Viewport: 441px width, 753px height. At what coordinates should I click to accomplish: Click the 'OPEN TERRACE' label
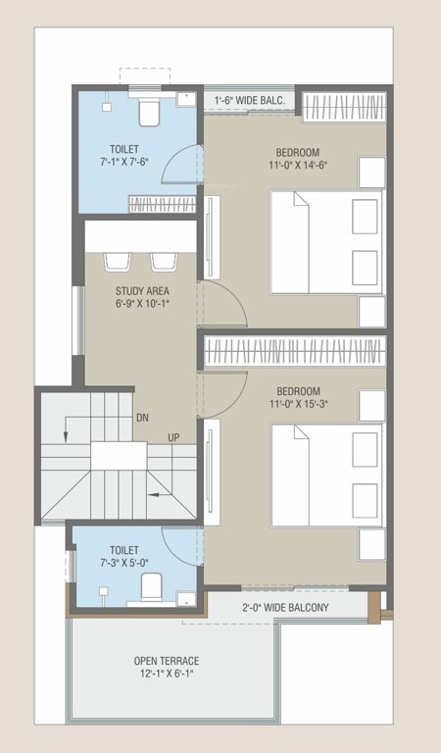(x=166, y=660)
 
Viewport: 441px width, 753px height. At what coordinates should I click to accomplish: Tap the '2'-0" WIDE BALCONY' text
(x=285, y=608)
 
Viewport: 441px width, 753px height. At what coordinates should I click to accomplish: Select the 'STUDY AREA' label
(x=143, y=290)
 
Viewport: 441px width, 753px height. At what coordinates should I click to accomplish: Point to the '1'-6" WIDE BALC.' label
(x=252, y=100)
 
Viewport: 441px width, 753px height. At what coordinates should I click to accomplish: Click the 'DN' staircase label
(x=142, y=416)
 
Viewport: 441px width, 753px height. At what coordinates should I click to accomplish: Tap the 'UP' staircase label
(x=173, y=437)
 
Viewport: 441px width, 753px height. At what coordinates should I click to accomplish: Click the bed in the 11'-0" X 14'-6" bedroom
(x=325, y=242)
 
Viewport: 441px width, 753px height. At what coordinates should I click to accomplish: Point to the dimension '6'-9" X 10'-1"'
(x=143, y=303)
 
